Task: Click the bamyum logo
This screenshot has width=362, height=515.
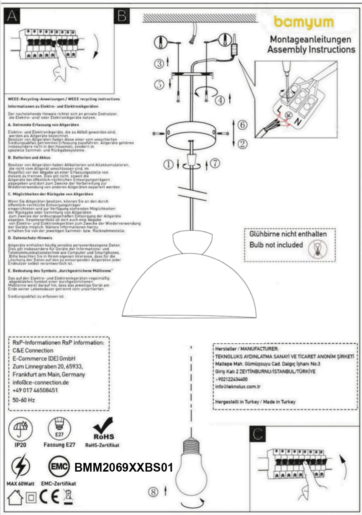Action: [x=304, y=23]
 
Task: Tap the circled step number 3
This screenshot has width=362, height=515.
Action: [x=159, y=64]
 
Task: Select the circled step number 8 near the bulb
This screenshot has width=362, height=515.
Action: [x=153, y=492]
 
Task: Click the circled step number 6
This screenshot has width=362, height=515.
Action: [x=243, y=125]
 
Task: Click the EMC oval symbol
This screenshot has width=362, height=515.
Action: [x=59, y=466]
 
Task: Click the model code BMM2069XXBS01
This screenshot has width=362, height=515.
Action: [x=124, y=467]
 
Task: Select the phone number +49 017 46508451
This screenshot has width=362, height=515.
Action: [x=35, y=390]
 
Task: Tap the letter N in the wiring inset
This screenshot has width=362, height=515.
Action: [x=297, y=122]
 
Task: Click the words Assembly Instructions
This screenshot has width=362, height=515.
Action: [x=311, y=50]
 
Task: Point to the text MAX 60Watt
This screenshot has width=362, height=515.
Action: [x=21, y=483]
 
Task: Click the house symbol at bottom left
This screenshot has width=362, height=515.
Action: [x=15, y=497]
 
